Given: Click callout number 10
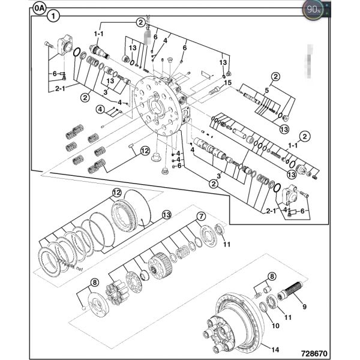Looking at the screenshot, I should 276,326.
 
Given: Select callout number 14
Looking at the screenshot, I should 275,350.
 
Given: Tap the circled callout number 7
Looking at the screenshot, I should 202,216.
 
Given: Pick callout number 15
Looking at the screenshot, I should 227,82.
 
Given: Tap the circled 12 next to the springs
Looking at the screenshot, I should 145,151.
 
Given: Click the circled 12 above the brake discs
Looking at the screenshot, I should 116,193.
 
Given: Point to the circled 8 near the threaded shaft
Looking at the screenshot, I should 272,277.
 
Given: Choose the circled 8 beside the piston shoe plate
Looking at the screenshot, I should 94,283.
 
